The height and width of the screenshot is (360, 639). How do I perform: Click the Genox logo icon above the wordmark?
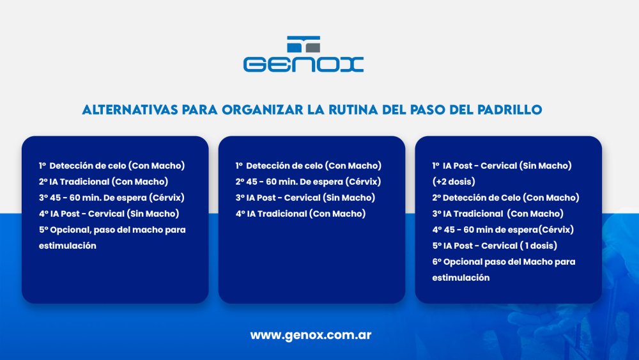coord(304,44)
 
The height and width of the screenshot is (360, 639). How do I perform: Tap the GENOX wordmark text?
coord(304,65)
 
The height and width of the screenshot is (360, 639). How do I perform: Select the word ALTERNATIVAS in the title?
coord(130,110)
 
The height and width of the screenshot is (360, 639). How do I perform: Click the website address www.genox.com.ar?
coord(311,335)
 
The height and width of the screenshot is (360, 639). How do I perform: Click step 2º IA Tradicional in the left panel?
coord(104,182)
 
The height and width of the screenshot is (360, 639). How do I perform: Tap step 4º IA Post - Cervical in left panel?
coord(109,214)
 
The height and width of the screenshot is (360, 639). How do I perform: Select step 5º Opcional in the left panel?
coord(112,230)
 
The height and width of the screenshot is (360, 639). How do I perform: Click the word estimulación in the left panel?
coord(68,246)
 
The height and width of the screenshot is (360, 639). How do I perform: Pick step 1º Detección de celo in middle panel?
coord(309,166)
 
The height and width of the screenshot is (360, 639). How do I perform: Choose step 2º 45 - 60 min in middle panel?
coord(308,182)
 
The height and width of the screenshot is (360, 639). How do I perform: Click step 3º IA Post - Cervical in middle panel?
coord(305,198)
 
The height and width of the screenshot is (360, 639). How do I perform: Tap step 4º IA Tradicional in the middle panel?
coord(301,214)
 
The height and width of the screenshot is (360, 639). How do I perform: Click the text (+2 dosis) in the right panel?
coord(454,182)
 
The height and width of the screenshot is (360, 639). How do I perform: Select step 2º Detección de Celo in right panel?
coord(505,198)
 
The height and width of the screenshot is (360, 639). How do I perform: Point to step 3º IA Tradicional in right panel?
coord(498,214)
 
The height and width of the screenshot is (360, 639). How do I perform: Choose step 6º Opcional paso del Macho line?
coord(504,262)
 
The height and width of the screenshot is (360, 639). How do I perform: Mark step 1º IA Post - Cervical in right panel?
coord(502,166)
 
